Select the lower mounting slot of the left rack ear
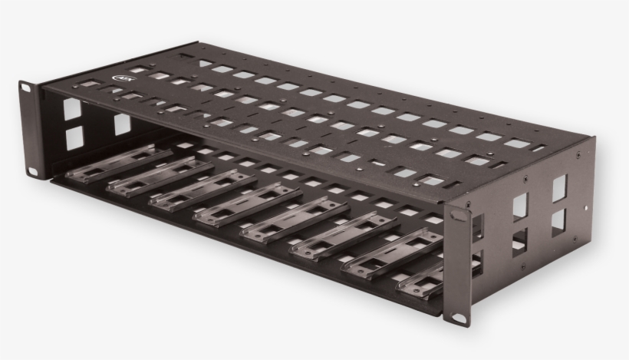pos(33,167)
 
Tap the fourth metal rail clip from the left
pos(246,205)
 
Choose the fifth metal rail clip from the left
pos(295,220)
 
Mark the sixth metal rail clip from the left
pos(342,235)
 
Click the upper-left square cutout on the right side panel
pos(520,206)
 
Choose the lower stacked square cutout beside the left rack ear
pos(74,137)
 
